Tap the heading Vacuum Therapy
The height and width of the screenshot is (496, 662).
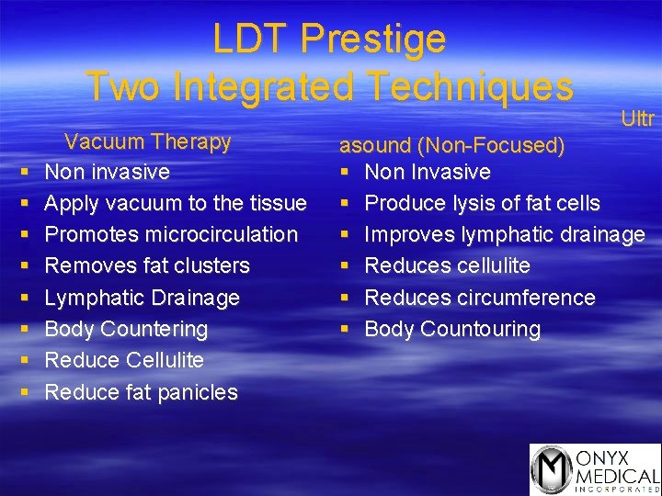(147, 141)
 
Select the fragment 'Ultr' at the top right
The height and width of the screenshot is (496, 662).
(637, 118)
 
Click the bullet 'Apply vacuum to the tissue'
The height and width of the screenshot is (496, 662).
(175, 203)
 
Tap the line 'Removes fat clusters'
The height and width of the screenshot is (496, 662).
(147, 265)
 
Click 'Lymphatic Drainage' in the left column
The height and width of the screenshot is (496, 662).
(142, 298)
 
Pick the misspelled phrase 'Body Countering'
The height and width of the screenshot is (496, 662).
(126, 329)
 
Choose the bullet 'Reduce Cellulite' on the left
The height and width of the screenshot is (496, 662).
(124, 360)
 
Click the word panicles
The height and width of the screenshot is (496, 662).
(194, 392)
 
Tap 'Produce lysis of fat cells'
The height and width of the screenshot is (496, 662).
(482, 203)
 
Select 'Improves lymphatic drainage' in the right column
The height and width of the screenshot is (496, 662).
(504, 234)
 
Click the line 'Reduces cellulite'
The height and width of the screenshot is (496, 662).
(447, 265)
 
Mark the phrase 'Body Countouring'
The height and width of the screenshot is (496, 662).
(452, 329)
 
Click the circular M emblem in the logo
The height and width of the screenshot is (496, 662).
(553, 469)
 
